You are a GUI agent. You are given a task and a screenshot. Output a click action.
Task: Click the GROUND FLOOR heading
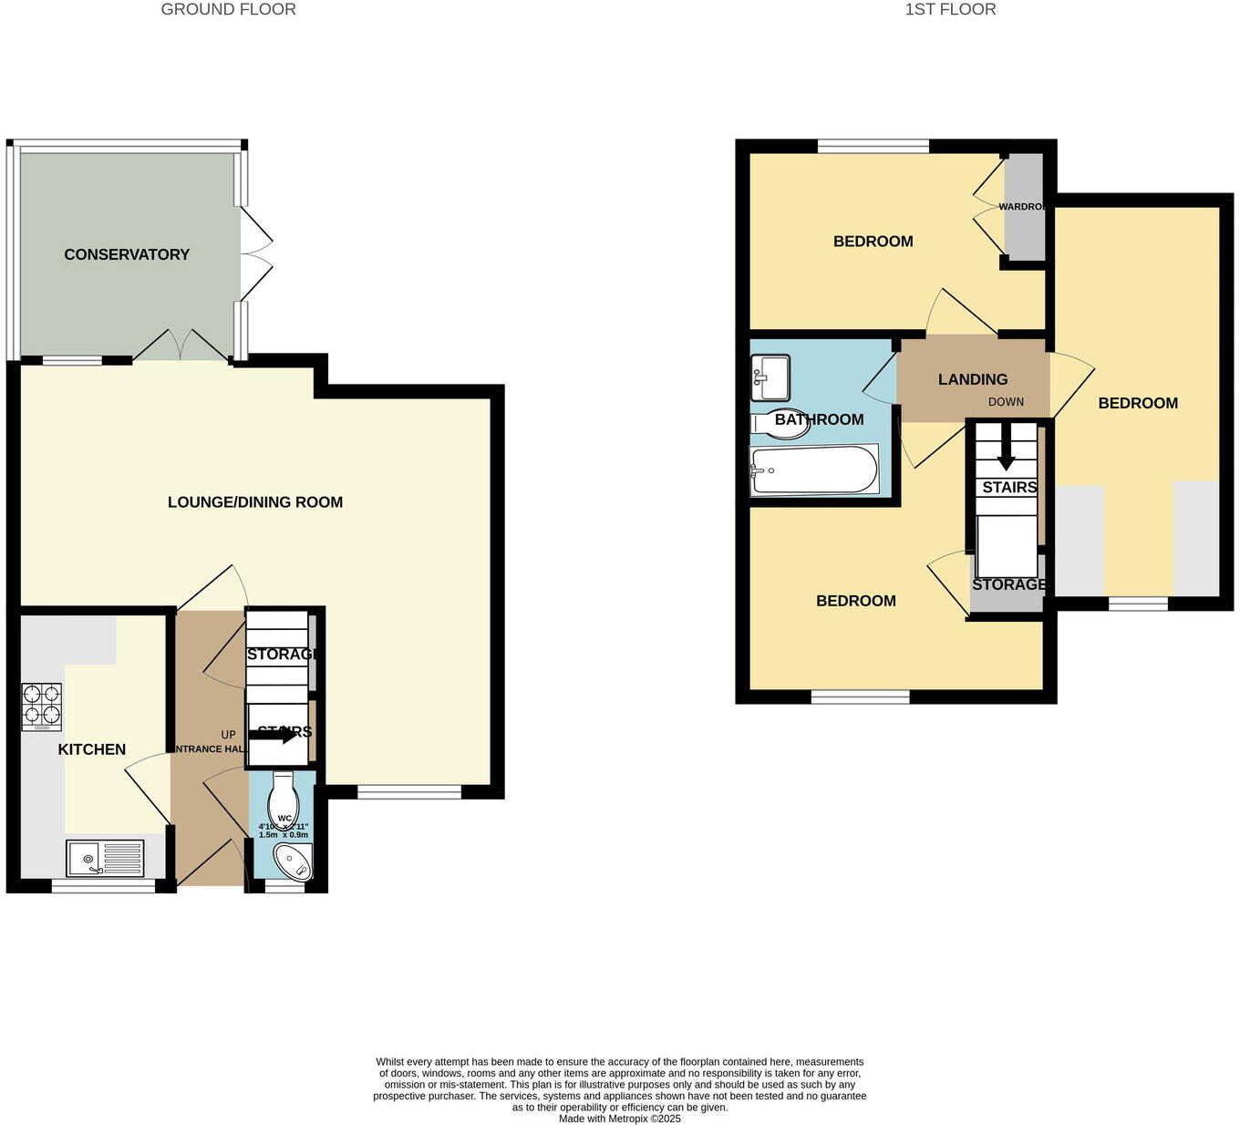(228, 10)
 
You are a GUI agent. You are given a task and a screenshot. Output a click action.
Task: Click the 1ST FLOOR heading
(950, 10)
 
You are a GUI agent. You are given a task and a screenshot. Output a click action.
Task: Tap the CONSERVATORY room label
(127, 254)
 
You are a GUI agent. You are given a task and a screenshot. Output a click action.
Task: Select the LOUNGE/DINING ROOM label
(255, 502)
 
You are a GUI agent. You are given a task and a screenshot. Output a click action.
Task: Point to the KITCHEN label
(92, 749)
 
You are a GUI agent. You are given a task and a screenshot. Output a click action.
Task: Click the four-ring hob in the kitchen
(42, 707)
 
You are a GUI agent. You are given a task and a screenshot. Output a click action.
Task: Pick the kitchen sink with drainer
(105, 858)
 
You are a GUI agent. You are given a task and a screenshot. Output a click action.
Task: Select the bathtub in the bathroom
(813, 470)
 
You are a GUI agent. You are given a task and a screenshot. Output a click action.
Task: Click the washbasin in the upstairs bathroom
(770, 377)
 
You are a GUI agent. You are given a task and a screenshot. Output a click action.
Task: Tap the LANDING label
(973, 379)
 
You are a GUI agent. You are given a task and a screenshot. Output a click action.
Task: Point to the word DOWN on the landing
(1006, 402)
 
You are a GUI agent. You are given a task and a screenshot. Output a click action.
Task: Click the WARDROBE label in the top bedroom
(1022, 207)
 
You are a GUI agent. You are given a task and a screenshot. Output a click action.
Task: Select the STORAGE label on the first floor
(1008, 584)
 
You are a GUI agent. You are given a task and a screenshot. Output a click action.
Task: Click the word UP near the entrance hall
(228, 735)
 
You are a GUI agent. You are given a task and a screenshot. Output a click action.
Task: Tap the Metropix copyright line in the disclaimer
(620, 1119)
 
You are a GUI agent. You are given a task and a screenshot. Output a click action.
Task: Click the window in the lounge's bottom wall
(409, 792)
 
